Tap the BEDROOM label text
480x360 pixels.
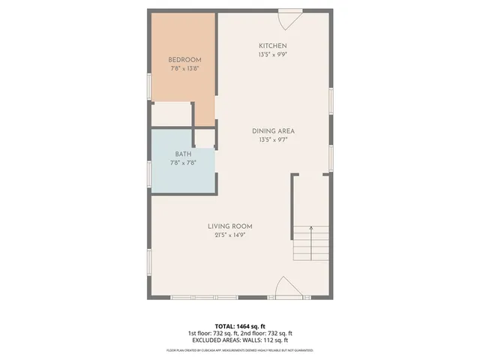[184, 60]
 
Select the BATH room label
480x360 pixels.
[183, 154]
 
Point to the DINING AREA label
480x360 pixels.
[273, 130]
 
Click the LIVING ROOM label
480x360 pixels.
[230, 226]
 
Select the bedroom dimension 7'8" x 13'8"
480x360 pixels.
[184, 68]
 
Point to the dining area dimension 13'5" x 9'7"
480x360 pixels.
[273, 139]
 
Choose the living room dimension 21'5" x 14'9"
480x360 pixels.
[230, 234]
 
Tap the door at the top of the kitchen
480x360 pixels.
[289, 15]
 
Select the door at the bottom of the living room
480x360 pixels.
[289, 288]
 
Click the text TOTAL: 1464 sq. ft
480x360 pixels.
[240, 326]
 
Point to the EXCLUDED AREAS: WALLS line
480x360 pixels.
[240, 340]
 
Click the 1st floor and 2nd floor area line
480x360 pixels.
[240, 333]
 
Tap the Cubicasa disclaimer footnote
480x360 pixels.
[240, 350]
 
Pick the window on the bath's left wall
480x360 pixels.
[148, 172]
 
